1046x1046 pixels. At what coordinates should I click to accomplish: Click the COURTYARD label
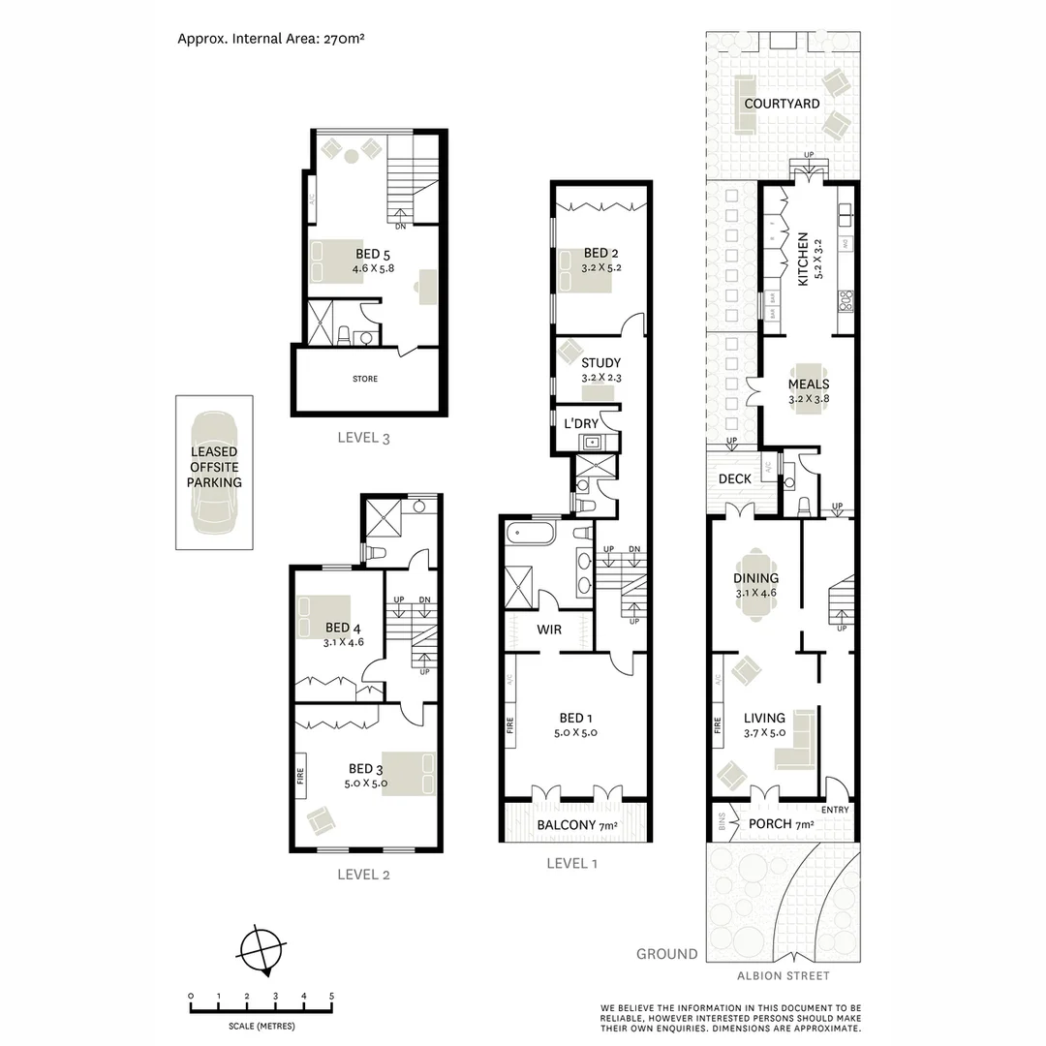tap(782, 104)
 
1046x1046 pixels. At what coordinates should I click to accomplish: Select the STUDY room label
tap(600, 364)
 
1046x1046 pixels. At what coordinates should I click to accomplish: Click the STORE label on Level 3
tap(364, 379)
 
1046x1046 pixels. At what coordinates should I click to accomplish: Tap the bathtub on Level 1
tap(532, 533)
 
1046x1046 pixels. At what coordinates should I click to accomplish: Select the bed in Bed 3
tap(409, 774)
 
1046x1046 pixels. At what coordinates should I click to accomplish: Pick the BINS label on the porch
tap(722, 823)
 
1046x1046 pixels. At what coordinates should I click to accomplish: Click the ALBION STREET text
tap(783, 976)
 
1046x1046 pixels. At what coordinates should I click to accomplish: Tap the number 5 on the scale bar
tap(332, 996)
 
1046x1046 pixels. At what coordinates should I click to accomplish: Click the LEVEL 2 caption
tap(363, 875)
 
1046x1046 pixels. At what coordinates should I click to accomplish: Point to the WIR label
tap(550, 630)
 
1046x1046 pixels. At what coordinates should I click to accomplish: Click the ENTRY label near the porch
tap(835, 810)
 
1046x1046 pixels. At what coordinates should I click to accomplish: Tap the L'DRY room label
tap(581, 424)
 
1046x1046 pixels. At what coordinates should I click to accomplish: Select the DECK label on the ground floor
tap(735, 478)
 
